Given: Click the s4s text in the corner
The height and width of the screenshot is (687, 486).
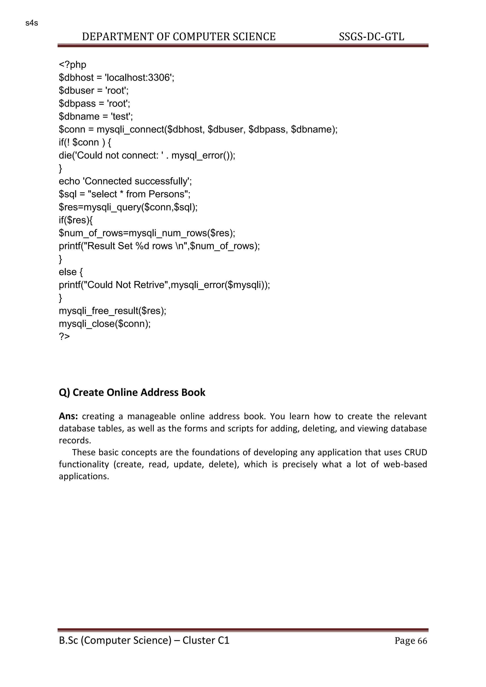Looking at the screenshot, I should click(32, 23).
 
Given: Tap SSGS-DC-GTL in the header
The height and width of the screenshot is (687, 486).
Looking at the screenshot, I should click(371, 37).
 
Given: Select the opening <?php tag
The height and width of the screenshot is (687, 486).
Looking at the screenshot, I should click(72, 65).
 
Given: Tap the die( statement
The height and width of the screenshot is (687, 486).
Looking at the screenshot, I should click(66, 155).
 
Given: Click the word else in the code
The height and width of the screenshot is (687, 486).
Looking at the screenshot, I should click(68, 272).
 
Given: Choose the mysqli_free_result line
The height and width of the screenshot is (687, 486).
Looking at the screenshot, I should click(112, 311).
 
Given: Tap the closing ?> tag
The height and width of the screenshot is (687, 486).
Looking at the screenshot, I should click(64, 337).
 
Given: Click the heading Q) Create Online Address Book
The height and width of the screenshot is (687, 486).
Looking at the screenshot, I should click(132, 392).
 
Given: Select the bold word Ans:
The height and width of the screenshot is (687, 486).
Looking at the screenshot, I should click(69, 416).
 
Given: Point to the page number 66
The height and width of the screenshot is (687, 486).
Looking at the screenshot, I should click(422, 641).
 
